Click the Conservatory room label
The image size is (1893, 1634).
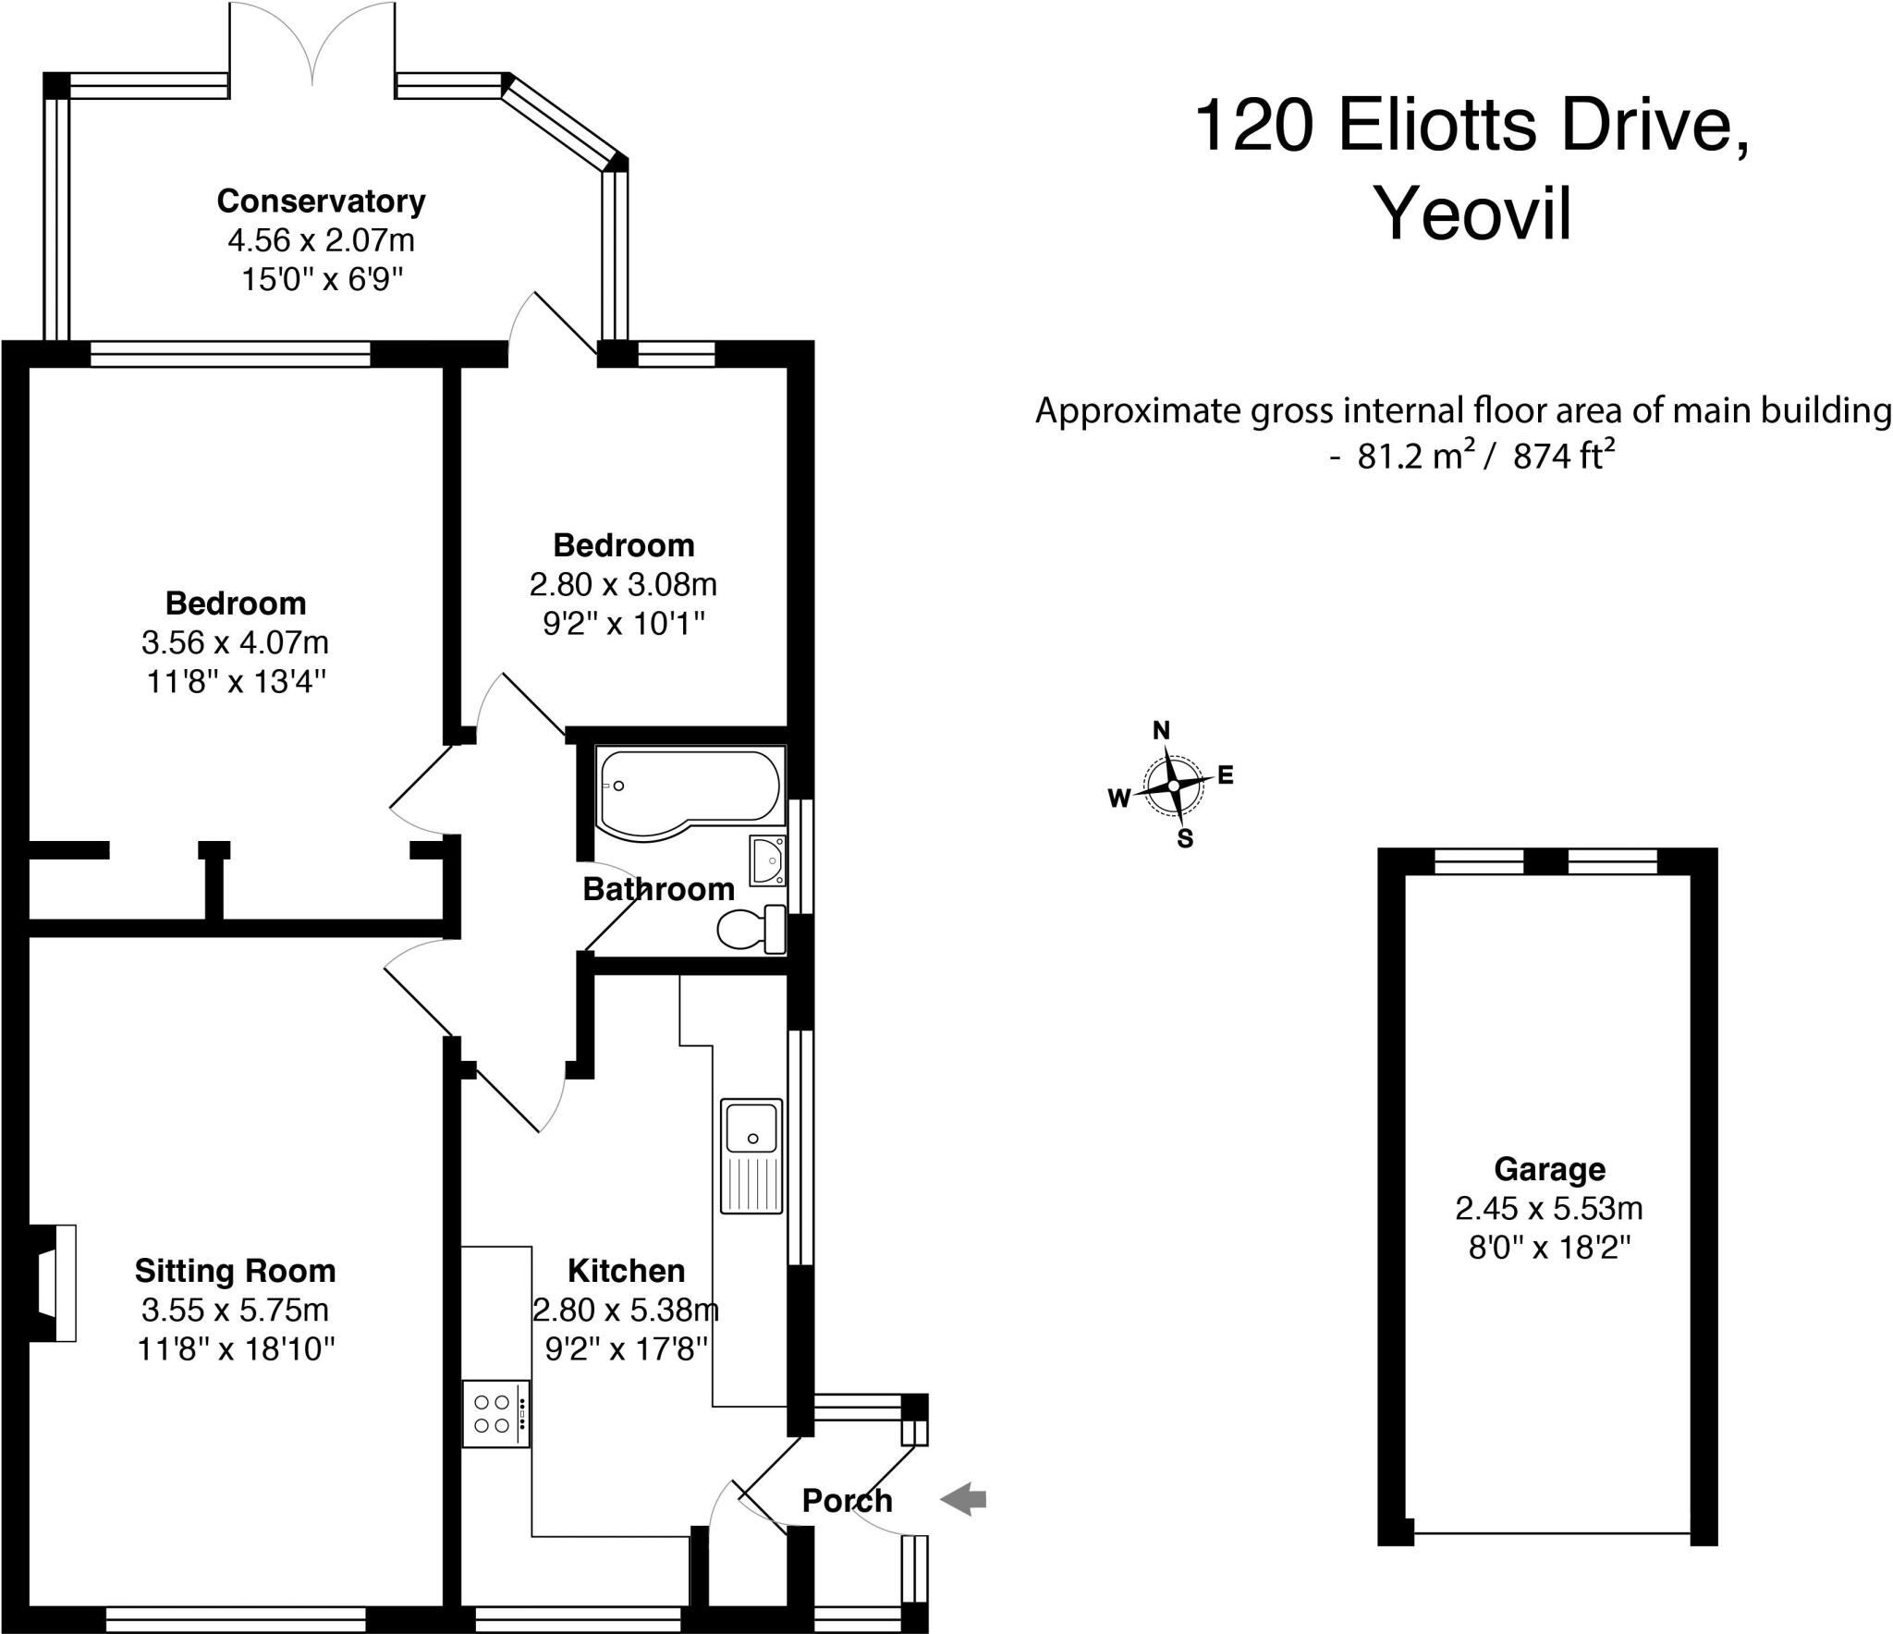(x=321, y=201)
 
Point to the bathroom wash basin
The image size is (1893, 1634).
(x=767, y=860)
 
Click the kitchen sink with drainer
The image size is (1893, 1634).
(x=751, y=1155)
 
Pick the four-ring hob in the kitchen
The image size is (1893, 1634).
(x=496, y=1413)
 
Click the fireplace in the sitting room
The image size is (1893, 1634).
(x=54, y=1283)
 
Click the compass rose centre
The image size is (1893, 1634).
(x=1173, y=786)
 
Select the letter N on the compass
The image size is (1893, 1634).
(x=1161, y=731)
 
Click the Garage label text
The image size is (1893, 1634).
(x=1549, y=1169)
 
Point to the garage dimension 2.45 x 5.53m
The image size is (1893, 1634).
(x=1549, y=1208)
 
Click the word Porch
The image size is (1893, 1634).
(x=847, y=1500)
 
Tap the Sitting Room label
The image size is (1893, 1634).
(x=235, y=1271)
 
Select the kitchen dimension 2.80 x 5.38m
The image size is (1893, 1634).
(x=626, y=1310)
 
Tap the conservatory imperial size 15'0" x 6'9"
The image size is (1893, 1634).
(x=324, y=278)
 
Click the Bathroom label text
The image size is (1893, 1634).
(x=658, y=889)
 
